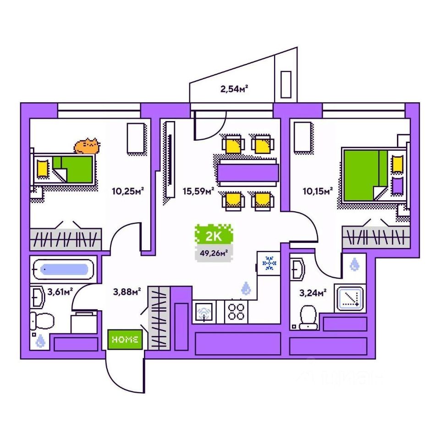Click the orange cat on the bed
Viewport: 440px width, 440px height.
click(x=87, y=146)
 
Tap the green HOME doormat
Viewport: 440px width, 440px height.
click(x=125, y=340)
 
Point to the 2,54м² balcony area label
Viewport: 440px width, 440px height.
click(x=234, y=89)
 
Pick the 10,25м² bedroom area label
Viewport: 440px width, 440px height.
click(x=124, y=191)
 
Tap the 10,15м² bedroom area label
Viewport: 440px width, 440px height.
click(x=317, y=191)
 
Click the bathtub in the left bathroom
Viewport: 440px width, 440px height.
click(x=64, y=269)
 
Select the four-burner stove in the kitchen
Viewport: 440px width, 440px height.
click(x=236, y=312)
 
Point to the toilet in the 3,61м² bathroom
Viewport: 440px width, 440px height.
click(x=39, y=319)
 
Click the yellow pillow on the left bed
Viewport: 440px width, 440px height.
click(x=43, y=168)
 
